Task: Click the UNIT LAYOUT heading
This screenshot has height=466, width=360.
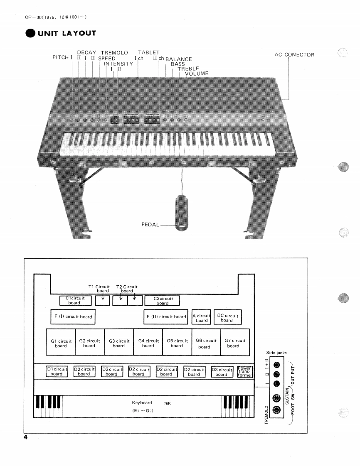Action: click(67, 33)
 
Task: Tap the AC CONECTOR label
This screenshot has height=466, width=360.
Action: click(294, 55)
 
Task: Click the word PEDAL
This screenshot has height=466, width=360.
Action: click(150, 225)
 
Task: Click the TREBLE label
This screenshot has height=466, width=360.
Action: click(188, 69)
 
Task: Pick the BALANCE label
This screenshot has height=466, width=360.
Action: click(179, 59)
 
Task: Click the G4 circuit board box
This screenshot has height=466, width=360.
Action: click(148, 343)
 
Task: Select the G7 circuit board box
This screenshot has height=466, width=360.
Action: click(233, 343)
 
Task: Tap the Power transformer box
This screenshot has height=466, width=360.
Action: click(244, 371)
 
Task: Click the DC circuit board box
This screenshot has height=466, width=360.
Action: click(227, 318)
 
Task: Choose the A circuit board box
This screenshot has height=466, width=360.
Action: click(202, 318)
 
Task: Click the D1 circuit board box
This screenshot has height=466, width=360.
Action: click(57, 371)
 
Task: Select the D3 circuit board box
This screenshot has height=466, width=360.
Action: click(221, 371)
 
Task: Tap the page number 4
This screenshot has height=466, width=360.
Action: click(25, 438)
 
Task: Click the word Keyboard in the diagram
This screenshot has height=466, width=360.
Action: click(142, 403)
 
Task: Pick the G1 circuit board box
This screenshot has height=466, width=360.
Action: click(61, 343)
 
